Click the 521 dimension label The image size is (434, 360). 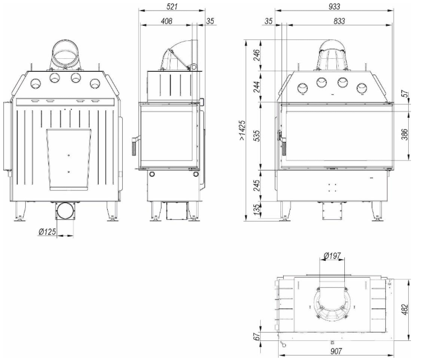pos(172,6)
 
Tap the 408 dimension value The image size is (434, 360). pos(167,21)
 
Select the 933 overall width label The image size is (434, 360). pos(334,6)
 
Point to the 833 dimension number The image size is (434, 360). pos(339,21)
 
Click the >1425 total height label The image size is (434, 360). pos(242,130)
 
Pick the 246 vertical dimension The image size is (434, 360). pos(257,55)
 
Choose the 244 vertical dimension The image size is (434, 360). pos(257,86)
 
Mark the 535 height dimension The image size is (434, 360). pos(257,136)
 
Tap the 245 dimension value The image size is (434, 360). pos(257,186)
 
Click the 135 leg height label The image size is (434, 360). pos(257,210)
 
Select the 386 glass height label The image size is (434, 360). pos(404,135)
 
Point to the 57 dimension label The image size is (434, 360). pos(405,94)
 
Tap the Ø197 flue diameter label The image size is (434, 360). pos(332,255)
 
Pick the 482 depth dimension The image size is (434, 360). pos(404,310)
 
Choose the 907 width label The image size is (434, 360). pos(336,351)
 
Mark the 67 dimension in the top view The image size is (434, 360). pos(257,336)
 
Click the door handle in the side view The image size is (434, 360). pos(134,146)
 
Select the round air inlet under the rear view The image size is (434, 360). pos(65,211)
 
